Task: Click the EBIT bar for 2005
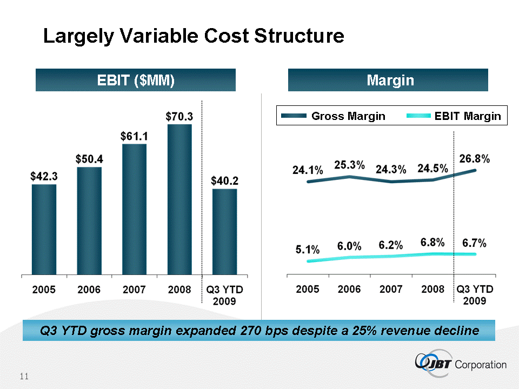[44, 230]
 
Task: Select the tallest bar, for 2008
[179, 200]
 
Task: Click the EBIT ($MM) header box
[136, 81]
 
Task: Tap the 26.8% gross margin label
[474, 159]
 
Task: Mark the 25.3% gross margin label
[350, 164]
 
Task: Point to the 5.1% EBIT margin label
[308, 250]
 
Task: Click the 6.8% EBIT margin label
[432, 243]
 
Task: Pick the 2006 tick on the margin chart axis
[349, 289]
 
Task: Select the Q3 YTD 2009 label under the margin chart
[474, 294]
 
